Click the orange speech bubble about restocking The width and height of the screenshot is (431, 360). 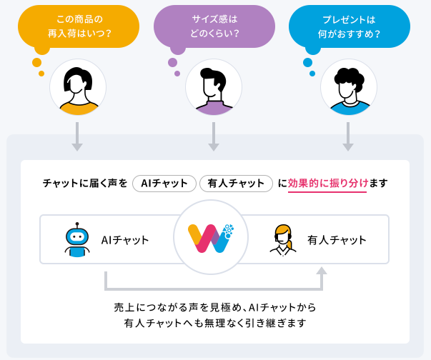tap(79, 26)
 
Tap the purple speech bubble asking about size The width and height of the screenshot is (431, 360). tap(214, 26)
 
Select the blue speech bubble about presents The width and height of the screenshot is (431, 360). tap(350, 26)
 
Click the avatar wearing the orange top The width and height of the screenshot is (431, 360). tap(78, 87)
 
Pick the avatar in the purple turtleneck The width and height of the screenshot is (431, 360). tap(214, 87)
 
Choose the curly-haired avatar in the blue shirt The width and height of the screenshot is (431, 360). tap(349, 87)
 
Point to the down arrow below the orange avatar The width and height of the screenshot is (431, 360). tap(77, 136)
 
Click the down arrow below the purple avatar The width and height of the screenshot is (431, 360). tap(214, 136)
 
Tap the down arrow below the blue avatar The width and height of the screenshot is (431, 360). tap(348, 136)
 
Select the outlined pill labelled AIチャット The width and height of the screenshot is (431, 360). tap(164, 184)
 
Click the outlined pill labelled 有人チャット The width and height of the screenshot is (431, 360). tap(236, 184)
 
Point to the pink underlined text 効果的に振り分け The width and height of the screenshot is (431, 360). tap(327, 183)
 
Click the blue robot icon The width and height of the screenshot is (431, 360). tap(77, 239)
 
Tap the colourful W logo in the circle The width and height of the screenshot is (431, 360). tap(211, 238)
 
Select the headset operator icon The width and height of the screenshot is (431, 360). tap(283, 240)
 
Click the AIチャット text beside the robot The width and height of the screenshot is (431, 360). tap(125, 240)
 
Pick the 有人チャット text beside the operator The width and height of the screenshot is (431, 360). tap(337, 240)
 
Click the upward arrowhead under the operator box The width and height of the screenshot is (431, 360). tap(322, 271)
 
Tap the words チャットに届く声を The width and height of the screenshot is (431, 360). tap(85, 183)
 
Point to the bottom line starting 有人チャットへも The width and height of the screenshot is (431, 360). tap(215, 323)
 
